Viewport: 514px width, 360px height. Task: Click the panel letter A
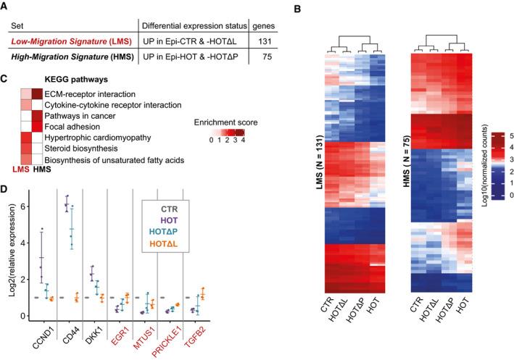(5, 6)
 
